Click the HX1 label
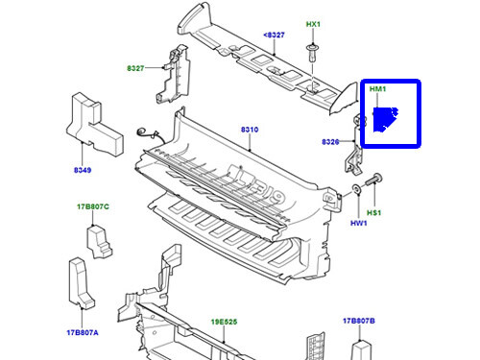pyautogui.click(x=313, y=23)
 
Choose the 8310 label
pyautogui.click(x=249, y=129)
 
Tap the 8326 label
pyautogui.click(x=332, y=141)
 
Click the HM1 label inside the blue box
pyautogui.click(x=377, y=88)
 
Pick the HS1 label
pyautogui.click(x=373, y=213)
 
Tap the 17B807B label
pyautogui.click(x=358, y=321)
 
